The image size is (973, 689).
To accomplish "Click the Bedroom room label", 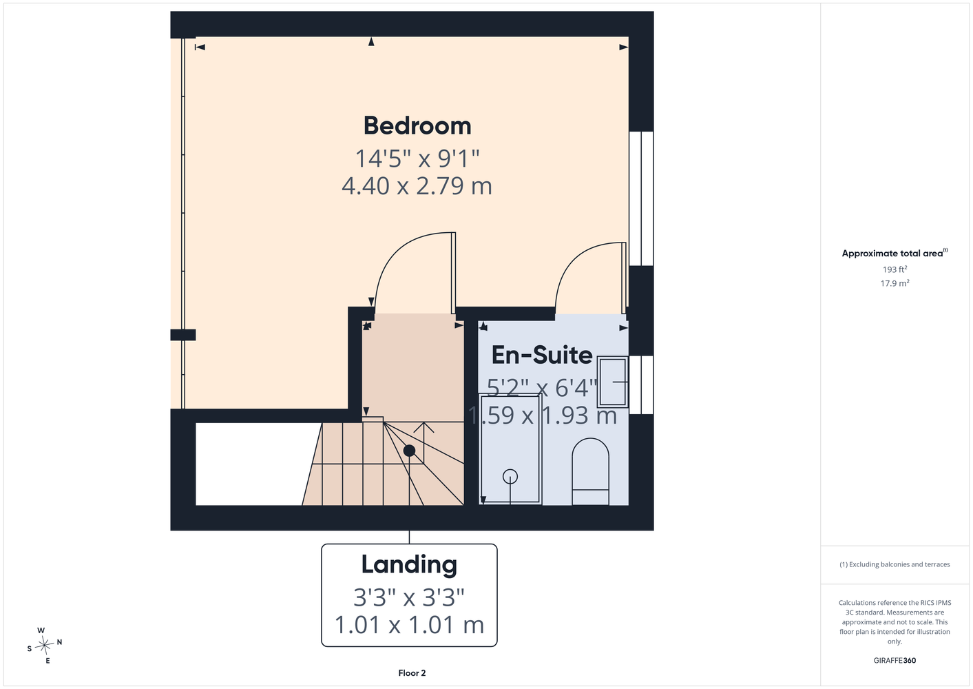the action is point(417,126).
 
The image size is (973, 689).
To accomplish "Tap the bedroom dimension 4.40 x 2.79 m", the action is point(417,186).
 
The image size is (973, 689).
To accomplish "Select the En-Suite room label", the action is point(542,355).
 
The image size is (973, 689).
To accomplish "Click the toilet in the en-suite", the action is point(590,471).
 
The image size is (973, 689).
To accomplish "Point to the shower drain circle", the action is point(510,476).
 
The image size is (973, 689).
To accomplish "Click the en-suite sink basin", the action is point(612,382).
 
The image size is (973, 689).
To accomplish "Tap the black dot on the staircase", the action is point(409,451).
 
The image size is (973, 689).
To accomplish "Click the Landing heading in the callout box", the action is point(409,564).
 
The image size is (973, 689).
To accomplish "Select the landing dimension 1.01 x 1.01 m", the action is point(409,625).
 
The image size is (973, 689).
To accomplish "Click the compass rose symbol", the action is point(44,646).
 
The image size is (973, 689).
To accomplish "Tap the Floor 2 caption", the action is point(412,673).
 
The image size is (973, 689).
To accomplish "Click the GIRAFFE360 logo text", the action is point(894,660).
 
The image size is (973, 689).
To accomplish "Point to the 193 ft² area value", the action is point(894,269).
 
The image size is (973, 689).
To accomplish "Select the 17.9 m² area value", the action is point(894,283).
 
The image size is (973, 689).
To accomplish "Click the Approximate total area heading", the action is point(894,253).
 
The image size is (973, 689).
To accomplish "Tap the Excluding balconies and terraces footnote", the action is point(894,564).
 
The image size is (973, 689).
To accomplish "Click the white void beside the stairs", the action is point(252,464).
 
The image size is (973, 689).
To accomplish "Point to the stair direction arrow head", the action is point(424,427).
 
